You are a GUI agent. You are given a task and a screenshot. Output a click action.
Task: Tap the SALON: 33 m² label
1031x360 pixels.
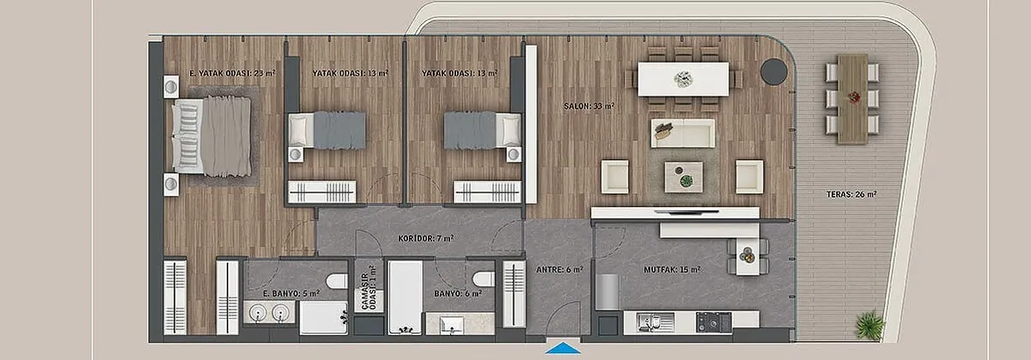(589, 106)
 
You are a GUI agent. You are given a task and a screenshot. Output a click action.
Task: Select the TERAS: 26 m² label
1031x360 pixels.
(851, 194)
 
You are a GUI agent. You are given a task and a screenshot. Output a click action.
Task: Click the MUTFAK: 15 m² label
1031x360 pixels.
(672, 269)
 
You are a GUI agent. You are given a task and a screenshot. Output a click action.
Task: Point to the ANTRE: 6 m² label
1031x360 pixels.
(559, 269)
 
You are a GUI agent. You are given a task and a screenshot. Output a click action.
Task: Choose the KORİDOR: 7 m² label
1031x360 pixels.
(426, 239)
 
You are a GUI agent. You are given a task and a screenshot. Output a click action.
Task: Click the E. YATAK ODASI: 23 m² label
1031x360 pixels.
(233, 73)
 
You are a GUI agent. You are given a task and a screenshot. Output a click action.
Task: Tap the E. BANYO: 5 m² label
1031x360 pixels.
(291, 293)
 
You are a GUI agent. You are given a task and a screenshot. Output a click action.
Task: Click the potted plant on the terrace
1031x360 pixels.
(869, 326)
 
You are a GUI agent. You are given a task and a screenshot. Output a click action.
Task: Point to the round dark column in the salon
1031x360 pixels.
(774, 71)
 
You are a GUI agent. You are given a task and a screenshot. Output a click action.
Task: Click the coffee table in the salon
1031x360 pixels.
(684, 177)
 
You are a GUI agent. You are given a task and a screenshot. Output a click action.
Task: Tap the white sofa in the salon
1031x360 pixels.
(683, 133)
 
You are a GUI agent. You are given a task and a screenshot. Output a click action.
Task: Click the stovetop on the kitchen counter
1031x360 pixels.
(713, 322)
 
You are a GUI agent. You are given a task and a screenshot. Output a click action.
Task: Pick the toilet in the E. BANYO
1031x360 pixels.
(337, 281)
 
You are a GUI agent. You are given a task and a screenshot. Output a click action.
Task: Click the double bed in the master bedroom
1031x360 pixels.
(211, 136)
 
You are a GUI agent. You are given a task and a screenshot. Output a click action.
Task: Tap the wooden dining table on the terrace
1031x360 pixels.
(852, 99)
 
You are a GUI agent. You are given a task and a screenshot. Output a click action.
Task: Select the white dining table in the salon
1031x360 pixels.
(683, 79)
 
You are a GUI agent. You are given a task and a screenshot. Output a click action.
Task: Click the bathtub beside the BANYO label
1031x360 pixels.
(405, 297)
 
